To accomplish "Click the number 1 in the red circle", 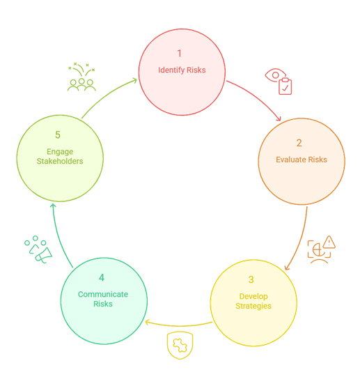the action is (x=179, y=54).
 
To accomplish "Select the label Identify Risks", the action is (x=182, y=70).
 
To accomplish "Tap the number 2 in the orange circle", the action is (x=299, y=143).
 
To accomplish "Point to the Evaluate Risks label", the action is (x=302, y=160).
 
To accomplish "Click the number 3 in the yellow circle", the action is (x=251, y=279).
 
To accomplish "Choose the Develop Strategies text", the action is (x=253, y=301).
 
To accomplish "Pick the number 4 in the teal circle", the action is (x=102, y=278).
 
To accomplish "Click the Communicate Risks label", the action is (x=103, y=299).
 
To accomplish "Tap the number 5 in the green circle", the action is (x=58, y=135).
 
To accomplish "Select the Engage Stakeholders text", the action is (x=60, y=156).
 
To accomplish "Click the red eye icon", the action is (x=276, y=75).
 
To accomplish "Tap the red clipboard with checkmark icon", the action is (x=285, y=86).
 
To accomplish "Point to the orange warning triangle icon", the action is (x=329, y=242).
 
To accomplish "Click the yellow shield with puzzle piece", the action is (x=180, y=345).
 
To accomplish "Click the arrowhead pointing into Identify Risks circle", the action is (x=134, y=80).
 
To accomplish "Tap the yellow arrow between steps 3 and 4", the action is (x=179, y=325).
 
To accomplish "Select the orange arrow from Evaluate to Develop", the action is (x=300, y=241).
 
